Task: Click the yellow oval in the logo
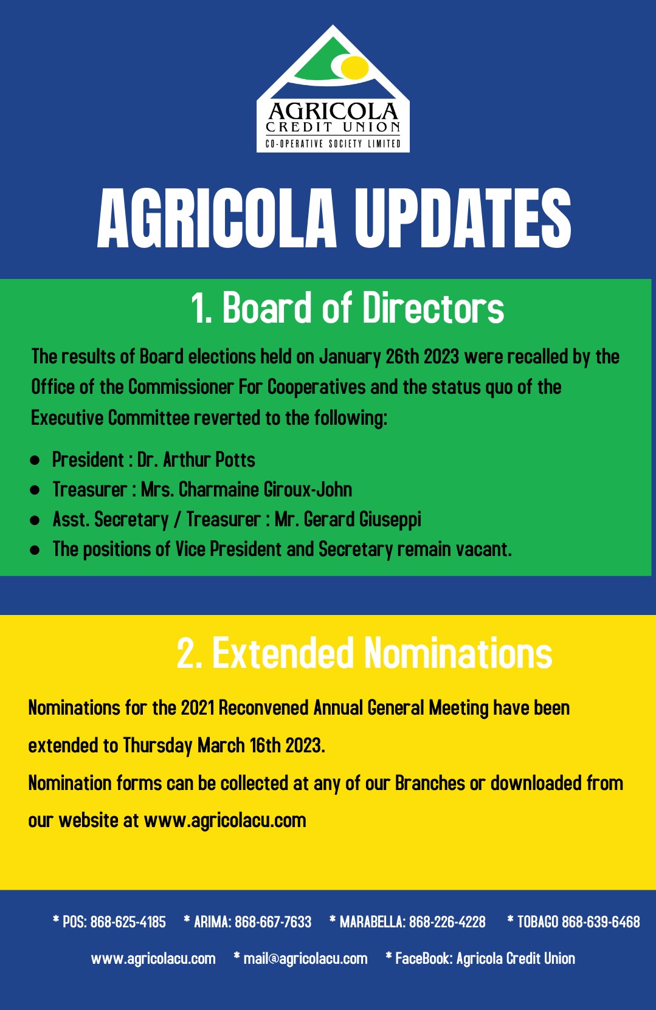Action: (x=354, y=66)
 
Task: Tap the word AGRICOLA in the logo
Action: (x=333, y=111)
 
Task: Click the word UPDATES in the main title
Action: (x=463, y=218)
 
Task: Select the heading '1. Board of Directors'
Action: (x=347, y=308)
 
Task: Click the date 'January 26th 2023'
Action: (x=389, y=357)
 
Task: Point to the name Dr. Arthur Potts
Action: (x=196, y=460)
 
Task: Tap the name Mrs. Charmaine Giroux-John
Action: (x=246, y=490)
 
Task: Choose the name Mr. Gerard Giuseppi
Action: (x=348, y=520)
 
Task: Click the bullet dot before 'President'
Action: (x=35, y=461)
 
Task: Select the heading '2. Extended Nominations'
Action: (x=365, y=653)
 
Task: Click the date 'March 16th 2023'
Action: (x=261, y=745)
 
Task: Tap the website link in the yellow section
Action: (x=225, y=820)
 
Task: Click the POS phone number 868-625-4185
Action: (x=128, y=922)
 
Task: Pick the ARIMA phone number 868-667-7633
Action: (x=273, y=922)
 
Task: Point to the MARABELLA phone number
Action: (x=447, y=922)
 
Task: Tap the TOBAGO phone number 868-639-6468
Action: (x=601, y=922)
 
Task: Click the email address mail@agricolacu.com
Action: (x=305, y=958)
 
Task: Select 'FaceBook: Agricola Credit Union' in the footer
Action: (x=485, y=958)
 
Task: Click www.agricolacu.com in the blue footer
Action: (x=153, y=958)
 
